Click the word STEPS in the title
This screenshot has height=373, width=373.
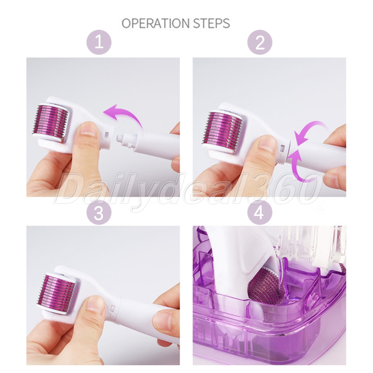(211, 23)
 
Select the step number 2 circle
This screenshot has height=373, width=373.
(260, 43)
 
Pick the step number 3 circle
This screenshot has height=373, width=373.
(99, 213)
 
